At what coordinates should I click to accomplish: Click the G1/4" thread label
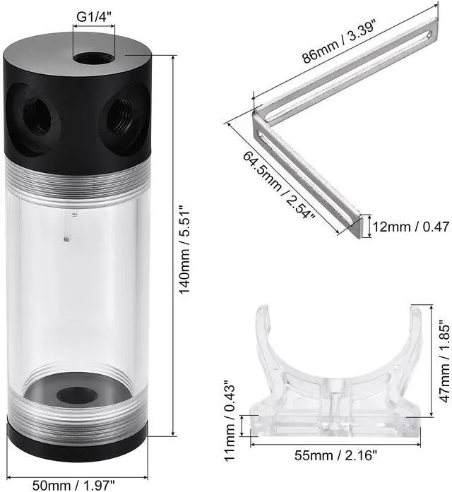(94, 16)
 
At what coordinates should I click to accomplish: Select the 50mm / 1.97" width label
(74, 485)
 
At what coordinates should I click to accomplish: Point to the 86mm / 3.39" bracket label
(339, 42)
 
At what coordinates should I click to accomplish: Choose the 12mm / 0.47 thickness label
(411, 227)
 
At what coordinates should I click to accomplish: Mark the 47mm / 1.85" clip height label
(444, 361)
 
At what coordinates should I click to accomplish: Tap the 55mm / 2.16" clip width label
(335, 455)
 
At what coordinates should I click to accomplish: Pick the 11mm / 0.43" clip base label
(230, 421)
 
